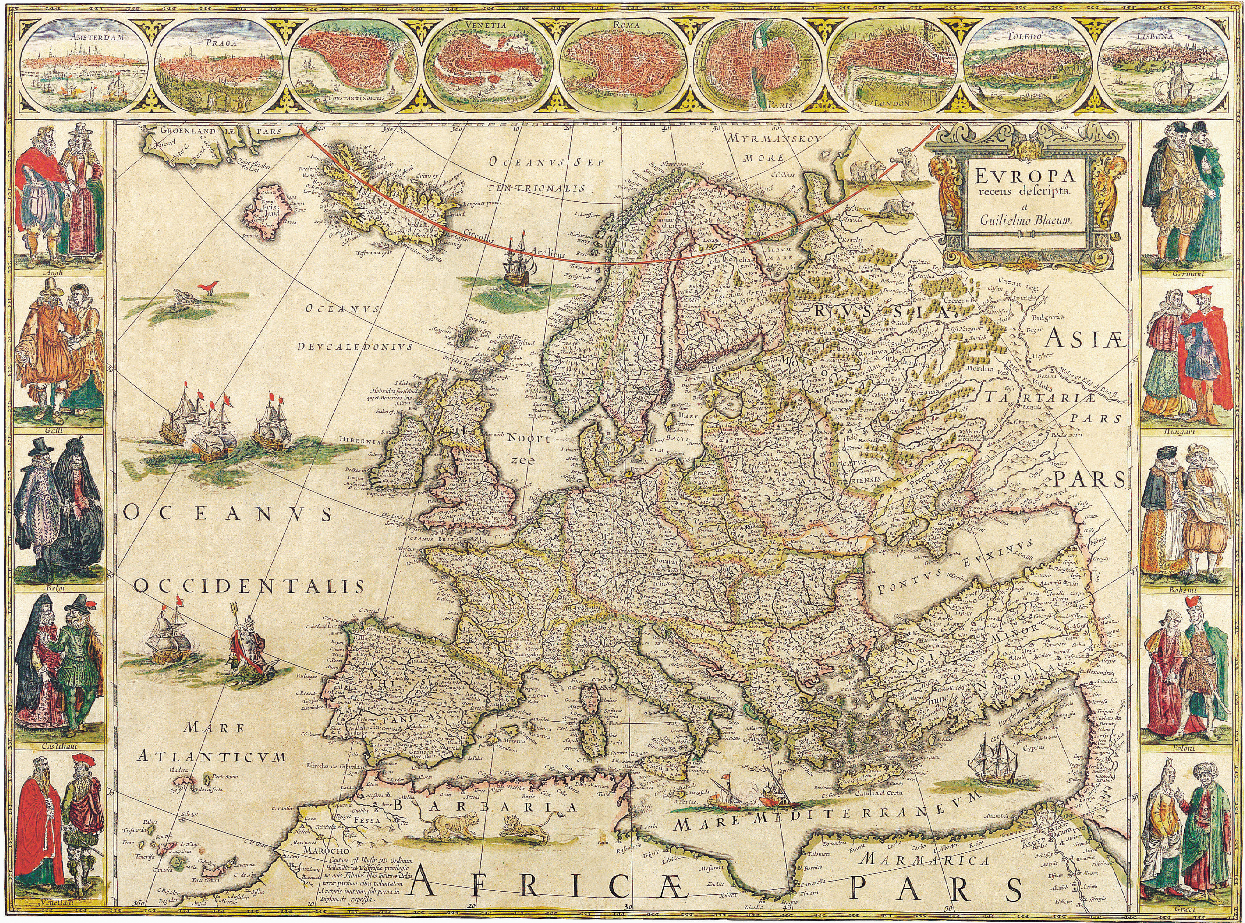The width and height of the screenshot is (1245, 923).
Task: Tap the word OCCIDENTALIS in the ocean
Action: click(x=249, y=585)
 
